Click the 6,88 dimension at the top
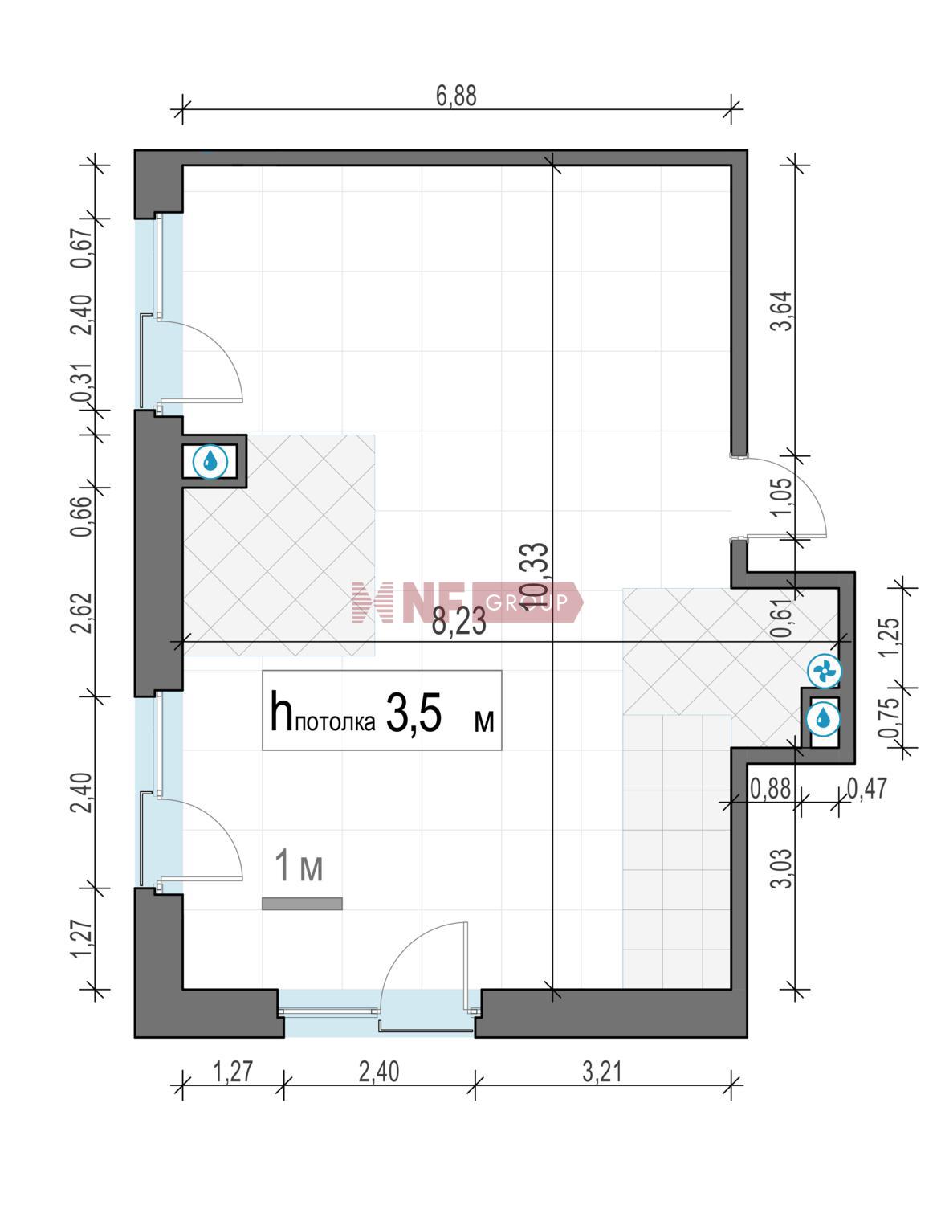456,96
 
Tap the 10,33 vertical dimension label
536,576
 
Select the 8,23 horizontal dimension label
458,622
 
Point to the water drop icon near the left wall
210,460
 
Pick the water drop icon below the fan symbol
824,719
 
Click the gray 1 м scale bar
302,904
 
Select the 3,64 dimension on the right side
782,311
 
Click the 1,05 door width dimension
782,496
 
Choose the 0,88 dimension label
770,789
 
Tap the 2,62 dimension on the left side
81,613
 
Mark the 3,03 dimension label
782,868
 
